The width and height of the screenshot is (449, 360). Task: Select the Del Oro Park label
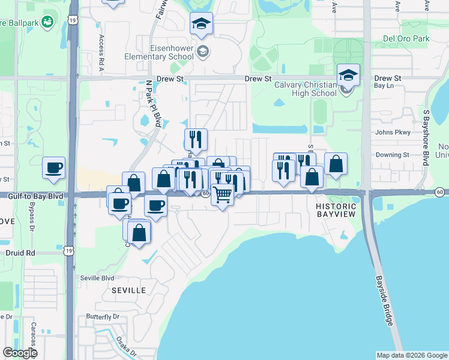[x=406, y=39]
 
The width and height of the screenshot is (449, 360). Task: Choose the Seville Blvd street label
[x=97, y=278]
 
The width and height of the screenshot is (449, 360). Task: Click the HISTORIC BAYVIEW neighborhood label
[x=336, y=210]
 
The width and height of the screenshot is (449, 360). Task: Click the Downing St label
[x=392, y=155]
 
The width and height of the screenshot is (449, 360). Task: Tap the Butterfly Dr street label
[x=103, y=316]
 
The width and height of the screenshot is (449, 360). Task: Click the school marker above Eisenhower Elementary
[x=201, y=23]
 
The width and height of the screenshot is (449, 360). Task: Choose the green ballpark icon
[x=47, y=23]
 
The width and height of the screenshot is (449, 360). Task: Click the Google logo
[x=20, y=353]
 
